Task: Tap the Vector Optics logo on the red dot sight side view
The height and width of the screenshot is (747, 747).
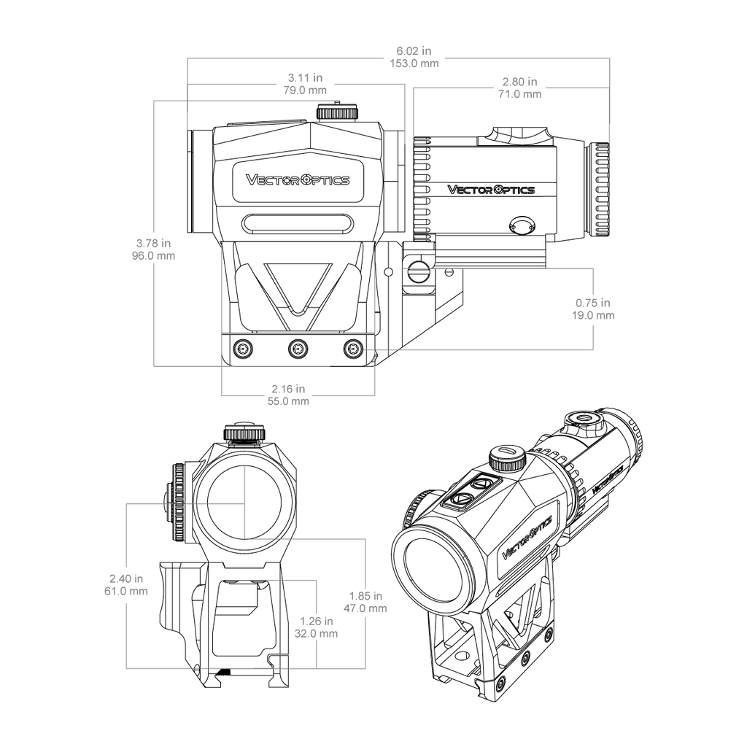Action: [x=298, y=180]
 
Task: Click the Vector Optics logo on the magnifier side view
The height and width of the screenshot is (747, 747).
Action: [x=491, y=190]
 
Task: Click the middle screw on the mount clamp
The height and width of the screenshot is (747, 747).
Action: [x=298, y=349]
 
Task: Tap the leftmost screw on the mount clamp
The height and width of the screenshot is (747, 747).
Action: [x=243, y=349]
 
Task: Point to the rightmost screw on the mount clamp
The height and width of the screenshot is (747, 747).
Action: [x=353, y=349]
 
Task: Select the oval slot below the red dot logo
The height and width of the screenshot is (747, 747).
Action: [x=298, y=224]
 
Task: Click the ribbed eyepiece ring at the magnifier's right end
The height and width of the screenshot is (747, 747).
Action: [x=600, y=190]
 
